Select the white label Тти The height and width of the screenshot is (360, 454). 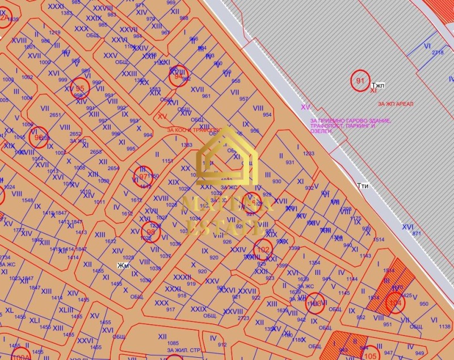pos(363,185)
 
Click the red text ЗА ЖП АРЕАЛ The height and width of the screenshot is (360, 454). pos(396,104)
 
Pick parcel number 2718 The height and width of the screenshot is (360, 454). pos(438,52)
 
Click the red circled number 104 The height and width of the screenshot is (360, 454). pos(395,304)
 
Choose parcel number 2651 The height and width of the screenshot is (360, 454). pos(55,115)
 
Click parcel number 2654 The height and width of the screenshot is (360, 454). pos(114,168)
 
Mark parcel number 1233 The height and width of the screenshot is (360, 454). pos(308,154)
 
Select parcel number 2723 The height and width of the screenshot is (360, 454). pos(243,319)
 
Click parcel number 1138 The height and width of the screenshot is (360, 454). pos(444,327)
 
